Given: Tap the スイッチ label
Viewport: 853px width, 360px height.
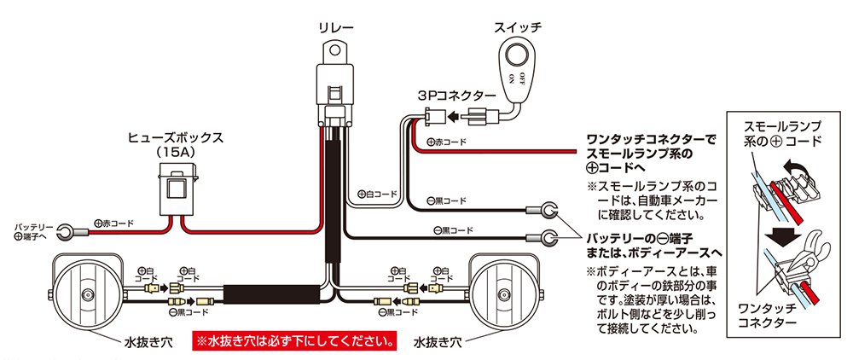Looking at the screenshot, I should click(518, 27).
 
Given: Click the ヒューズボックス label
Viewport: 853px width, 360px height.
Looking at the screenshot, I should click(177, 136).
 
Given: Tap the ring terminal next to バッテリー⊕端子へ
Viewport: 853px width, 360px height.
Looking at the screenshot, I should click(66, 230).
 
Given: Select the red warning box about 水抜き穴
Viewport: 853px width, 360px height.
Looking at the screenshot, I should click(296, 342).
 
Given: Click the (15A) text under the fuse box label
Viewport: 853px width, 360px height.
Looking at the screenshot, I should click(177, 151).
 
